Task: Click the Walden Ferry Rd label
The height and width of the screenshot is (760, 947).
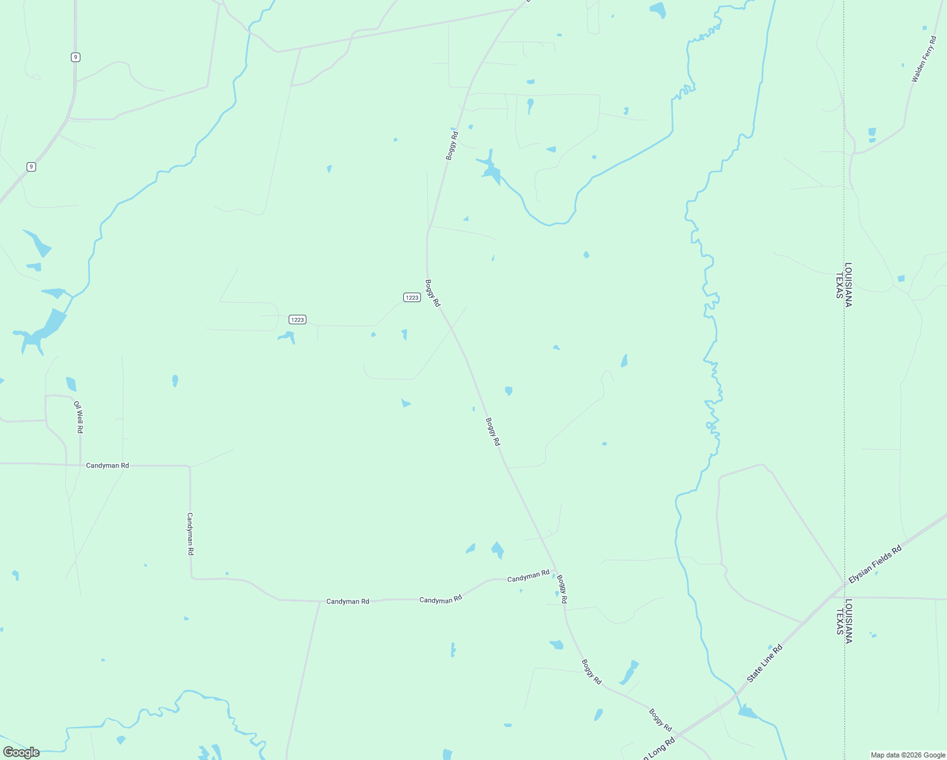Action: pyautogui.click(x=923, y=60)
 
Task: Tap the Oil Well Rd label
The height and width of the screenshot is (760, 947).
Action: pyautogui.click(x=78, y=417)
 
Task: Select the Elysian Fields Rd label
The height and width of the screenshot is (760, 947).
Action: pyautogui.click(x=875, y=564)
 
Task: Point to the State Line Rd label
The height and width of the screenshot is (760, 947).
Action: pyautogui.click(x=764, y=663)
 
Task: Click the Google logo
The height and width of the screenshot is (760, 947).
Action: pyautogui.click(x=21, y=752)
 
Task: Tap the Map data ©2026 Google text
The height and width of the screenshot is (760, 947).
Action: pyautogui.click(x=907, y=755)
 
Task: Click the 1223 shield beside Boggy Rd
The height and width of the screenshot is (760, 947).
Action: pyautogui.click(x=411, y=298)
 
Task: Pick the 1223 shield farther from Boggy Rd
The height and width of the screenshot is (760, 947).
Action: pyautogui.click(x=298, y=320)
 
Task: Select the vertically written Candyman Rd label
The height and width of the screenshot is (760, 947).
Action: pyautogui.click(x=189, y=534)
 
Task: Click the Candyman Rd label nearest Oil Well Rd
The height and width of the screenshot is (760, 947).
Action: pyautogui.click(x=107, y=465)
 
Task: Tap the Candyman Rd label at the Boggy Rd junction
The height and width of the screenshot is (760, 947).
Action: pyautogui.click(x=528, y=576)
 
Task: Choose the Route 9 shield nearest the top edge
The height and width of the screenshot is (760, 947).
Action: pyautogui.click(x=75, y=57)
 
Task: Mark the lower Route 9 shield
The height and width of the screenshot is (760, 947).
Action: pyautogui.click(x=31, y=167)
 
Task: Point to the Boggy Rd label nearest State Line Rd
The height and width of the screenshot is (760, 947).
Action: pyautogui.click(x=660, y=720)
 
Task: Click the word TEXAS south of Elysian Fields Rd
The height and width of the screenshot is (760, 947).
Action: pyautogui.click(x=839, y=621)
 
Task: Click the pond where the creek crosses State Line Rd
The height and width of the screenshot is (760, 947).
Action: pyautogui.click(x=747, y=712)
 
